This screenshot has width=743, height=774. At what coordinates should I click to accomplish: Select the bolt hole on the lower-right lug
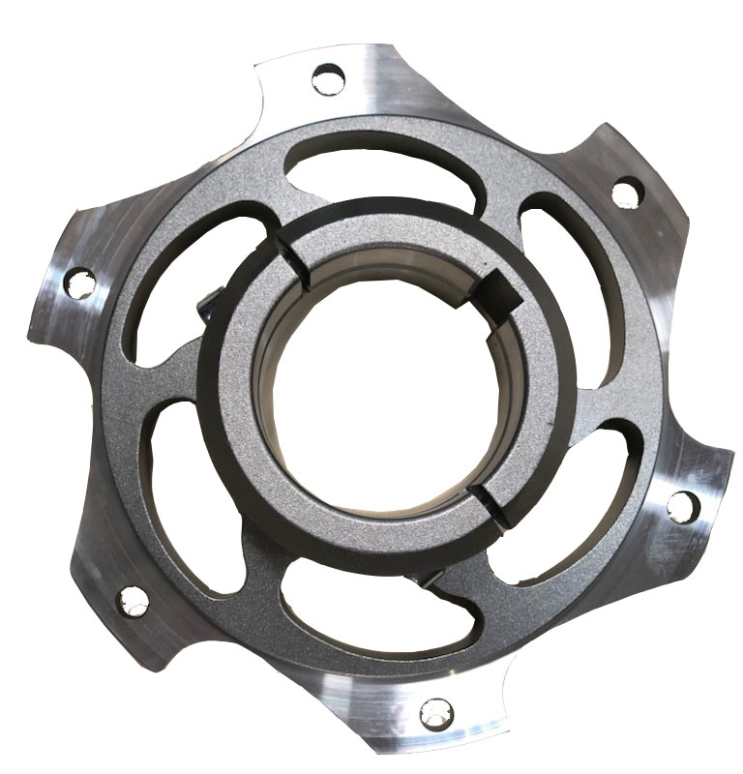click(681, 504)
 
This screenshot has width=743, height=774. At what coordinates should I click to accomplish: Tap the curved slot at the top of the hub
click(368, 162)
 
